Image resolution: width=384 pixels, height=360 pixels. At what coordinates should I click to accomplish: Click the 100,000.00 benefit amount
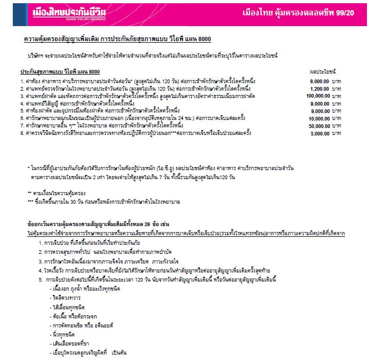point(317,95)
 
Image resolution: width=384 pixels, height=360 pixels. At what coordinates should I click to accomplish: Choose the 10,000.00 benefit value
point(318,118)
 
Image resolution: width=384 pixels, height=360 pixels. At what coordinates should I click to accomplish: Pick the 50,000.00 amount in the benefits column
point(318,125)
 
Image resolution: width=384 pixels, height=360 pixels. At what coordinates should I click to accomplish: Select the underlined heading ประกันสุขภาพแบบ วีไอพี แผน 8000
point(60,71)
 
